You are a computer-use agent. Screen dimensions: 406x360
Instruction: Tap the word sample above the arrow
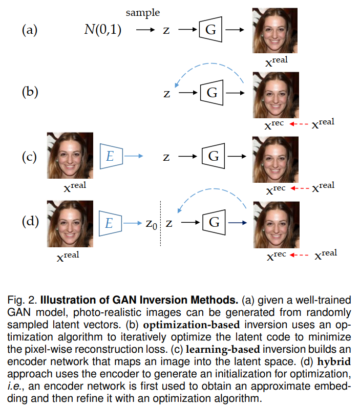pos(142,12)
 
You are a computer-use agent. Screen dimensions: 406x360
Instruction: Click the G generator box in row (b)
pos(211,93)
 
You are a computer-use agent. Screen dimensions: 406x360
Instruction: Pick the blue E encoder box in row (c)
pos(111,156)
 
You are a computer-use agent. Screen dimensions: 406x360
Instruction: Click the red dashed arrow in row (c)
pos(301,188)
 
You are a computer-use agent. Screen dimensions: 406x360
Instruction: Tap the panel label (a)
pos(29,30)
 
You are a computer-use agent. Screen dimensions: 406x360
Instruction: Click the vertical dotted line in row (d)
pos(161,223)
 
